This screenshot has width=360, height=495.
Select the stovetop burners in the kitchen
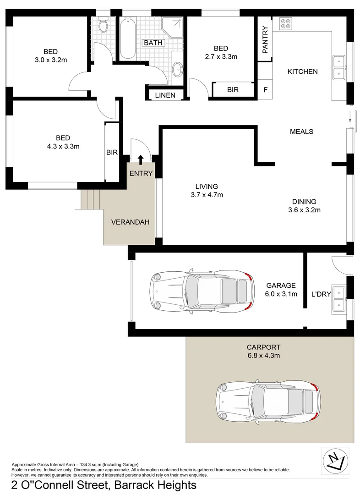(286, 24)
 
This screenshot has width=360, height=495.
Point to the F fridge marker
(265, 89)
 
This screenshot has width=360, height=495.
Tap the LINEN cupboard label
(164, 95)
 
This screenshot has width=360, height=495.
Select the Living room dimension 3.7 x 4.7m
(206, 195)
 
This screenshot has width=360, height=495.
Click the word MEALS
(301, 132)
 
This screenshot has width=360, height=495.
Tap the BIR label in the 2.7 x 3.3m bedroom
(233, 90)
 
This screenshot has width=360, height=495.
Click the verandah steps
(90, 198)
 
